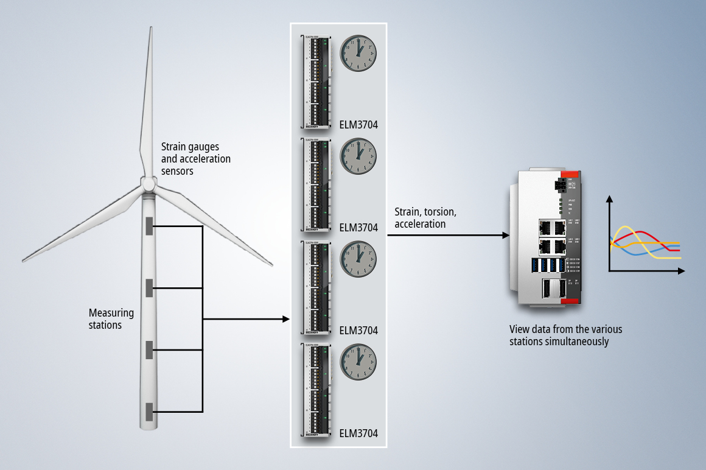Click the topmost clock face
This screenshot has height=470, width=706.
click(358, 53)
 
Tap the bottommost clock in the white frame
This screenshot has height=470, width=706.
click(358, 362)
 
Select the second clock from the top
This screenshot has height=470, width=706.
click(358, 156)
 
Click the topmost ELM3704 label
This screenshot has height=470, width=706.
click(358, 125)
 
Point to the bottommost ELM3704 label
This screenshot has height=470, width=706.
click(358, 433)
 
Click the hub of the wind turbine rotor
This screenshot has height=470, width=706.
click(148, 184)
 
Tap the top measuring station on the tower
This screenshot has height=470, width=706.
click(149, 226)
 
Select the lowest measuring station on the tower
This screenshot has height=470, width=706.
click(149, 412)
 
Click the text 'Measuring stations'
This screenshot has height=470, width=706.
click(111, 319)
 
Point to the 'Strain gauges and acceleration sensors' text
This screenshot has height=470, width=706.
click(195, 159)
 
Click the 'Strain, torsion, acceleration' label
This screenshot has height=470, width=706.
click(425, 218)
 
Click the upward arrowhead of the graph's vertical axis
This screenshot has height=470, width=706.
click(609, 198)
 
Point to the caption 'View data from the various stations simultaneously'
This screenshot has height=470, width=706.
click(565, 335)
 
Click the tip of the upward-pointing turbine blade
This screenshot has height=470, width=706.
click(150, 29)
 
